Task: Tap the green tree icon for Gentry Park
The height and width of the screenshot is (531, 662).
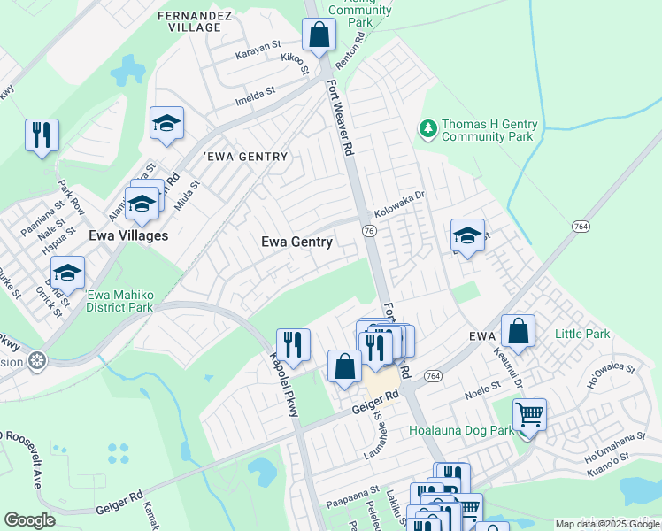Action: (x=428, y=130)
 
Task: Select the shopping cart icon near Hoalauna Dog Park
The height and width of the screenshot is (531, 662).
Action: (x=528, y=413)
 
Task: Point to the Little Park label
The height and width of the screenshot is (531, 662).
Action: (x=582, y=335)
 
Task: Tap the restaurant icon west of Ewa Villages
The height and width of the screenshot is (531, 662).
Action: (x=42, y=135)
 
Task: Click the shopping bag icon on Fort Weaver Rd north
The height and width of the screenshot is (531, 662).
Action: (x=319, y=35)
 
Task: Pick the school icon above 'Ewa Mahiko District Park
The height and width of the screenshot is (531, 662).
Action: (x=67, y=272)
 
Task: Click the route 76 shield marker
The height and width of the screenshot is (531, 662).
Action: (x=367, y=230)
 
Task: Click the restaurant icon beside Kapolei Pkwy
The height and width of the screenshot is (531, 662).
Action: (x=293, y=343)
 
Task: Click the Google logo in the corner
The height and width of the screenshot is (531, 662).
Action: (x=30, y=520)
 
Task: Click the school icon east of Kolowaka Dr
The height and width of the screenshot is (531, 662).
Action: (x=467, y=235)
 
